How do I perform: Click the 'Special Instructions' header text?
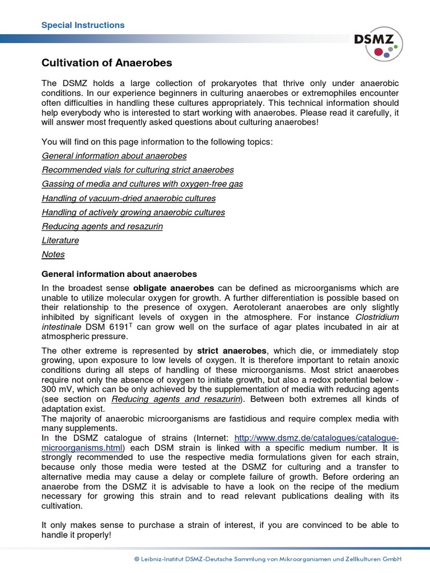click(x=83, y=25)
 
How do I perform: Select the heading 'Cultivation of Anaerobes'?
click(x=107, y=63)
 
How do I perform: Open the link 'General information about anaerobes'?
click(x=114, y=156)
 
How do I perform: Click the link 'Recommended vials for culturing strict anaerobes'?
click(x=138, y=170)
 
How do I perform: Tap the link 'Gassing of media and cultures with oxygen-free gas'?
click(x=142, y=184)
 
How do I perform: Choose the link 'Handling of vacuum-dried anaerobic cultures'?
click(x=128, y=198)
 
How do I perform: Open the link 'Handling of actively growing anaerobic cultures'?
click(x=133, y=212)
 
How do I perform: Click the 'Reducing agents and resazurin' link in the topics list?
click(x=102, y=226)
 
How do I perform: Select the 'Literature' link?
click(x=60, y=240)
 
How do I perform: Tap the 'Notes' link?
click(x=53, y=254)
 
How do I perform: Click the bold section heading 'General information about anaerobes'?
click(x=119, y=274)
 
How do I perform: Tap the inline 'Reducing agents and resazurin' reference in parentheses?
click(x=176, y=398)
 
